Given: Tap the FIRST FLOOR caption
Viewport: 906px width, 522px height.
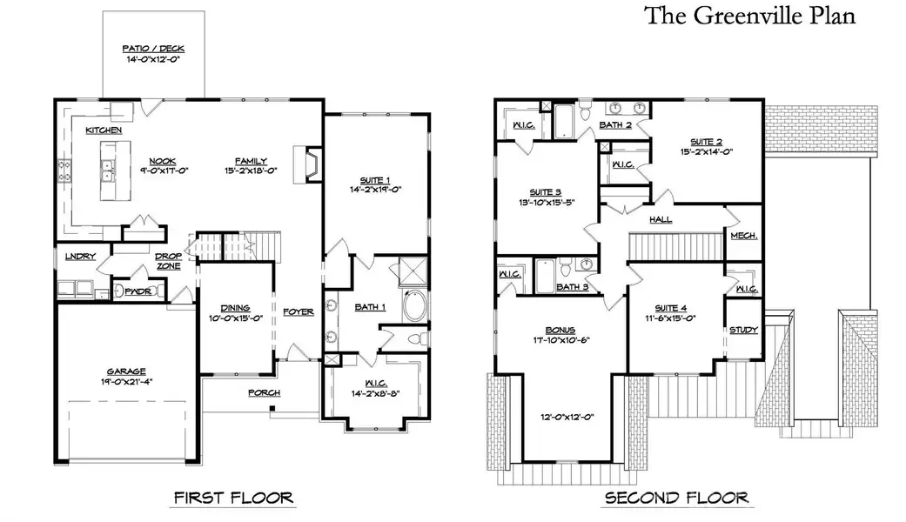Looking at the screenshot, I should coord(233,499).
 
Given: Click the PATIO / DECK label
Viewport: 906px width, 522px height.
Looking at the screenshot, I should coord(154,49).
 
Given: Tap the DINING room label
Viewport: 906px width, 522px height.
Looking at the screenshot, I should coord(235,308).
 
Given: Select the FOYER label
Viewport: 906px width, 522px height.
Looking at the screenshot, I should coord(299,311).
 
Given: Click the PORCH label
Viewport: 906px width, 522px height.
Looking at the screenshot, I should coord(264,393).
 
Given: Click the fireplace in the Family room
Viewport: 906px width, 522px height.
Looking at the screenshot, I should coord(309,164).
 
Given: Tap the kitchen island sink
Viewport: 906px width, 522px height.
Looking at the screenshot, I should coord(109,169).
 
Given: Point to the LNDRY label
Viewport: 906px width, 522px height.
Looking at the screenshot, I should coord(80,257).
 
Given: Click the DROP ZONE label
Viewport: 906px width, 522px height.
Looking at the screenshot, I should coord(168,261).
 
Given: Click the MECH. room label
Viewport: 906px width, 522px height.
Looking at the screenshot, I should coord(743,236).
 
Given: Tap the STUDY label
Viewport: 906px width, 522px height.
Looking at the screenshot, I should coord(744,330).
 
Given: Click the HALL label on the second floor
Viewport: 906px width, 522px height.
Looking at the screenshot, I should coord(661,220).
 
